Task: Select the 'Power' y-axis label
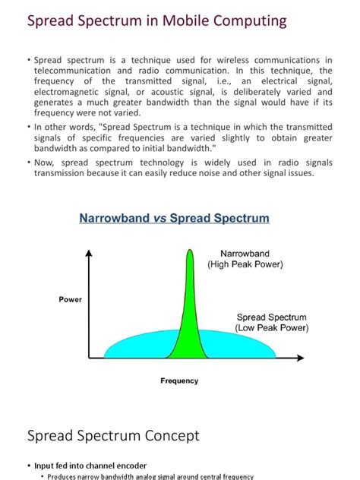click(x=70, y=300)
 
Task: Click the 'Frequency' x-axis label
click(x=179, y=381)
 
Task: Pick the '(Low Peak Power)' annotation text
click(x=272, y=328)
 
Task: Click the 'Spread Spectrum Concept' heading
click(x=113, y=436)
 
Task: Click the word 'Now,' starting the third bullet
click(x=46, y=163)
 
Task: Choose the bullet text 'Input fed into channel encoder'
click(x=90, y=465)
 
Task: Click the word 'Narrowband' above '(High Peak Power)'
click(x=245, y=254)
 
